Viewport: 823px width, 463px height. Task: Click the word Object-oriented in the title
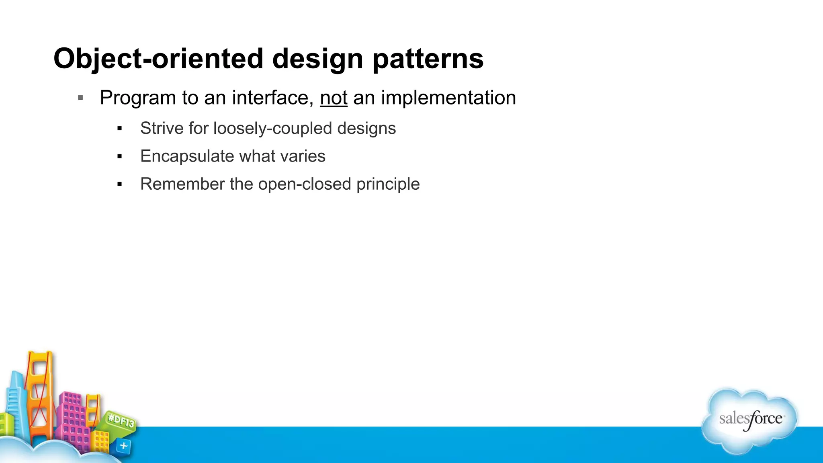coord(158,59)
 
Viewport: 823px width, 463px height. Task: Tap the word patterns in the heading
coord(428,59)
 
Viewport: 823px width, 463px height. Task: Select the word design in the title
coord(318,59)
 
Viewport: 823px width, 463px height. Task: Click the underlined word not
coord(334,98)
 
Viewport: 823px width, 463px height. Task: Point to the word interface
coord(272,98)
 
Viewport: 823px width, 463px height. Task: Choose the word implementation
coord(448,98)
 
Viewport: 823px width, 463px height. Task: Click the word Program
coord(138,98)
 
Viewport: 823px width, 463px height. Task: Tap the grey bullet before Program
coord(80,98)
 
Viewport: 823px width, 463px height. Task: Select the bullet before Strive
coord(119,129)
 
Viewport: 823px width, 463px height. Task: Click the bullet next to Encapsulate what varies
coord(119,156)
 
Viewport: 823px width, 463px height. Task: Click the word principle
coord(388,184)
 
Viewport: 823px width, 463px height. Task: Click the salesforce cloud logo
coord(750,420)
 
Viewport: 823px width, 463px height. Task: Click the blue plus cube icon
coord(123,446)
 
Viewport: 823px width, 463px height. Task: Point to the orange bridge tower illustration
coord(39,394)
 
